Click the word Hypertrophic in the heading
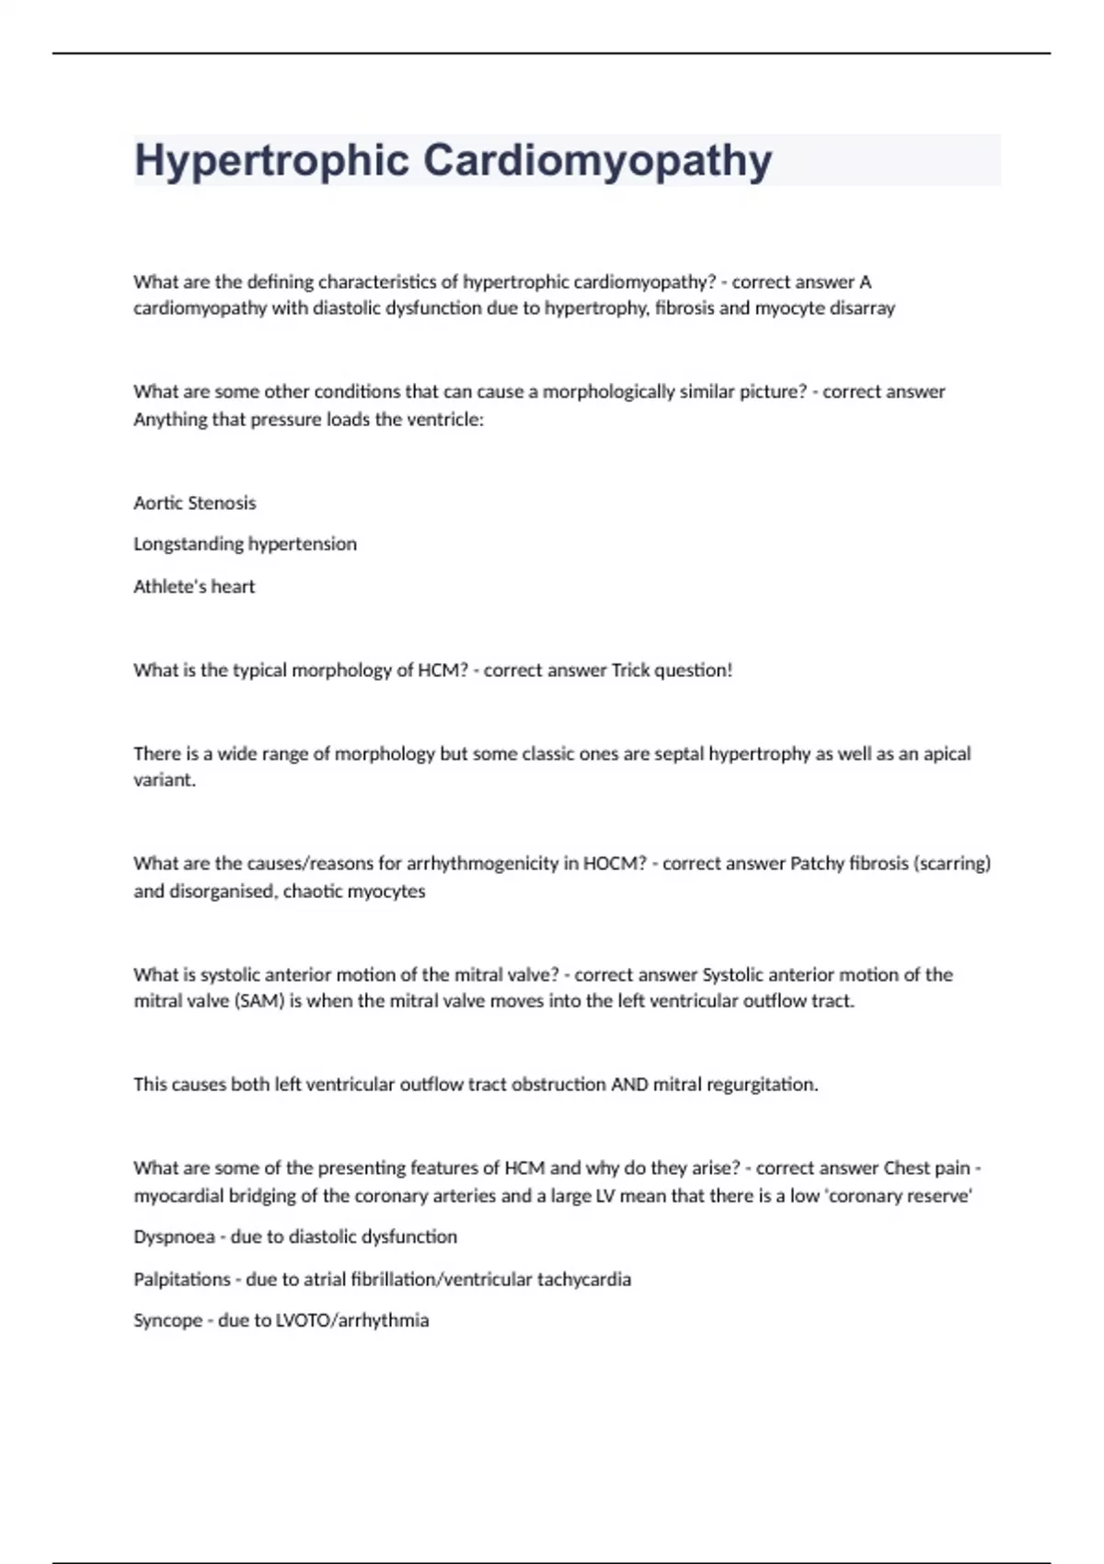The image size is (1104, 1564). (271, 161)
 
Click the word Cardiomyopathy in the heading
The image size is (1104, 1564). (598, 161)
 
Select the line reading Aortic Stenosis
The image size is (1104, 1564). (195, 503)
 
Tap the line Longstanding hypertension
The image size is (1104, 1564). (245, 545)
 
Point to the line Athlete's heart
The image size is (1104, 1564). (194, 587)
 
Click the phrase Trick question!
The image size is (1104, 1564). (672, 671)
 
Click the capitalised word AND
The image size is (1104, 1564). (629, 1085)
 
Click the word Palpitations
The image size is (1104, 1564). (182, 1280)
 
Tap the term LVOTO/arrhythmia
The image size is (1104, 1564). (352, 1321)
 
